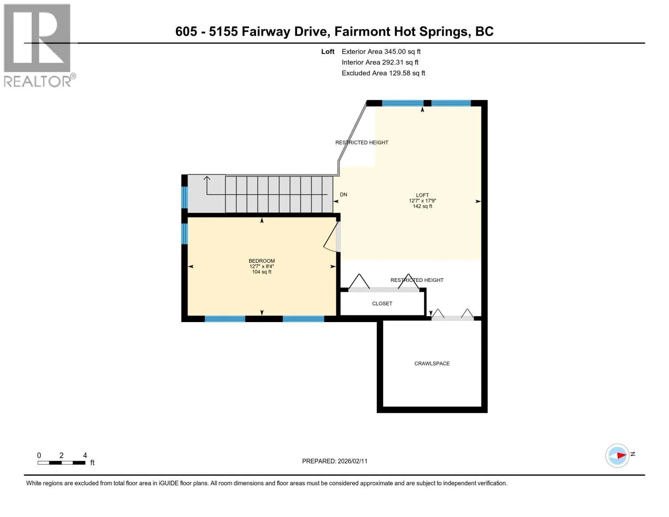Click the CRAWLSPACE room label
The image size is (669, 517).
[432, 364]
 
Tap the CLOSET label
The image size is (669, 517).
[382, 303]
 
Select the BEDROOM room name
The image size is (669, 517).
[262, 261]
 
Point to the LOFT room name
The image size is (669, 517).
[422, 195]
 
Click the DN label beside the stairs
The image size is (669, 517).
[343, 194]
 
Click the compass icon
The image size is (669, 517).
[617, 455]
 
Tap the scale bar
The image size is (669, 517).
[61, 463]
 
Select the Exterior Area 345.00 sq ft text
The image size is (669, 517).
[381, 52]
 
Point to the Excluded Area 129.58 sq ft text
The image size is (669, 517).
[383, 73]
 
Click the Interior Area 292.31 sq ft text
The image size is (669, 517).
[380, 62]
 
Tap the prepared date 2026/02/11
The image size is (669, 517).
[352, 461]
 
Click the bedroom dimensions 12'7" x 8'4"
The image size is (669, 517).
[262, 266]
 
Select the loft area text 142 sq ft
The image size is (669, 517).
[422, 206]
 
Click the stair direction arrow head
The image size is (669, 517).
[207, 178]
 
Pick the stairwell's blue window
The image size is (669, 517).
[184, 197]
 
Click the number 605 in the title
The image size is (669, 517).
[186, 31]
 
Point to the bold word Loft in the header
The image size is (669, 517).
[327, 52]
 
